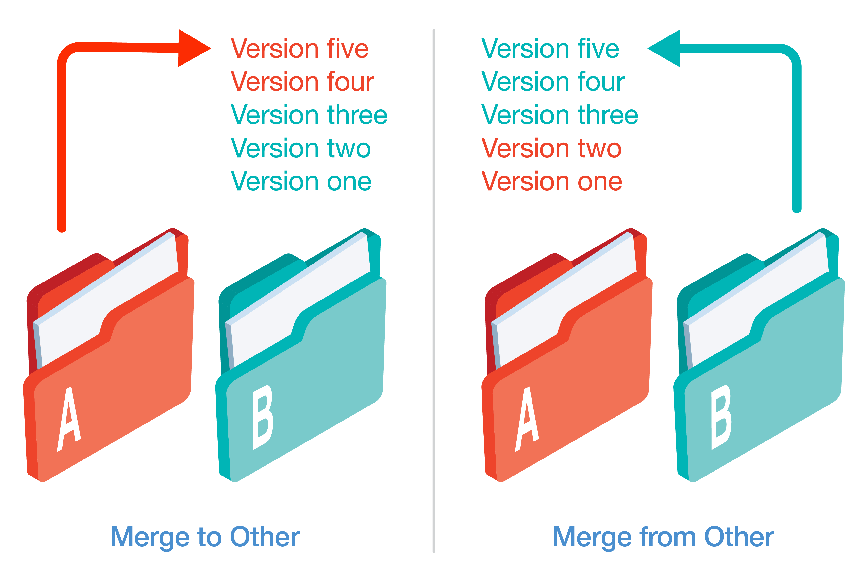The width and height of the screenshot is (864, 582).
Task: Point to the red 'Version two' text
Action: [551, 148]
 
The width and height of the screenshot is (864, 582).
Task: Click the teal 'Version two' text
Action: [300, 148]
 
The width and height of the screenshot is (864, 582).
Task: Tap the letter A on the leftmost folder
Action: [69, 419]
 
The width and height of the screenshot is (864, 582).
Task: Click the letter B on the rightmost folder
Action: [721, 418]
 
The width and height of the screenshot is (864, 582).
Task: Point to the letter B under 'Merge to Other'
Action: [263, 418]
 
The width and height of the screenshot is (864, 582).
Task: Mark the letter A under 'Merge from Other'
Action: [527, 419]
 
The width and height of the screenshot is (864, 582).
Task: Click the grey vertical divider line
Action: [433, 289]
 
